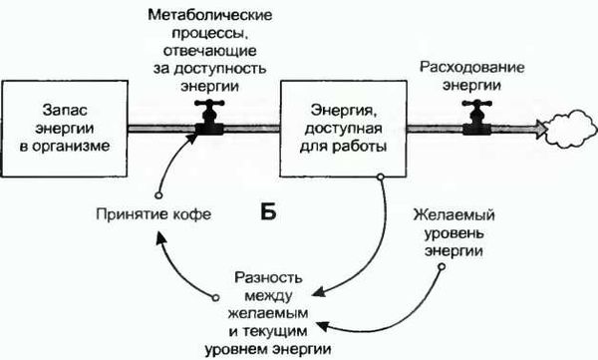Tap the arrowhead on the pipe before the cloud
(x=537, y=128)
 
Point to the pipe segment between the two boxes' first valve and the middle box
(x=254, y=128)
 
